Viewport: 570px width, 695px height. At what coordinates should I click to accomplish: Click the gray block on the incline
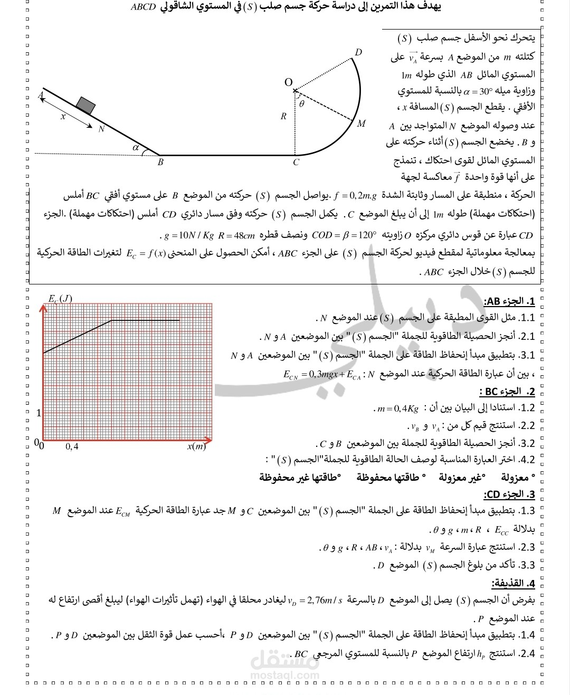85,105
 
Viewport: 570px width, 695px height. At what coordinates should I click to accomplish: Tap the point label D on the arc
358,52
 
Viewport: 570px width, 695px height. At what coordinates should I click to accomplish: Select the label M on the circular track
361,124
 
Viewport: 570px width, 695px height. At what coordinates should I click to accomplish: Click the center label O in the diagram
288,82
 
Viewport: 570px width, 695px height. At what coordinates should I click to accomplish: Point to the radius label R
283,117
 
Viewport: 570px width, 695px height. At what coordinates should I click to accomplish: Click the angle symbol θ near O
301,104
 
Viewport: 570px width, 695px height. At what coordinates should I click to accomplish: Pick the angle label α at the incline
136,148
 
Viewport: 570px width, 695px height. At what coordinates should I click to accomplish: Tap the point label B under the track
160,163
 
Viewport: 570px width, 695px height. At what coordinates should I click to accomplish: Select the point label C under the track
296,163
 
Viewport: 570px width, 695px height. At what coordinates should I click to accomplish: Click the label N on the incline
101,128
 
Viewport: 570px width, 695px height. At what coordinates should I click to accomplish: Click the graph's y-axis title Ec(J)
60,299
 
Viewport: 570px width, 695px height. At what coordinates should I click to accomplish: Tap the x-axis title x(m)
196,446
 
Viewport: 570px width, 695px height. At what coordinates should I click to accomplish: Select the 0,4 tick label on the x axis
72,446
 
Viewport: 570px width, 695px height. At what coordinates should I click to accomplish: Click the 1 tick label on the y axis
39,413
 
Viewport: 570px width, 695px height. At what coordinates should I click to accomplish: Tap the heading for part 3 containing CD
509,494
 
